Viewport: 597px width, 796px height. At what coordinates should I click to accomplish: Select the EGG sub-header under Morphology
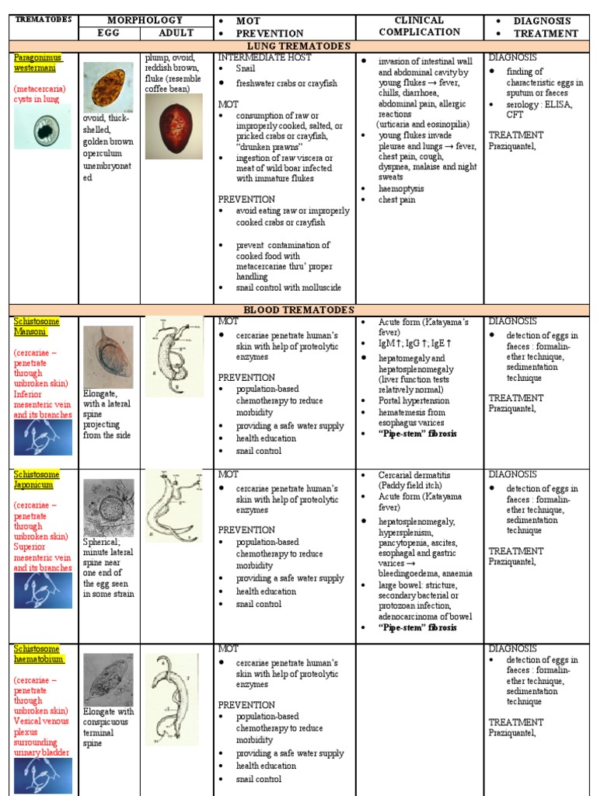(x=109, y=33)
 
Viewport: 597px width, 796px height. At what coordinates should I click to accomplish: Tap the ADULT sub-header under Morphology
(x=176, y=33)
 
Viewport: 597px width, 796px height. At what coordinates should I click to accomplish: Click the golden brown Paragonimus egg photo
(x=108, y=86)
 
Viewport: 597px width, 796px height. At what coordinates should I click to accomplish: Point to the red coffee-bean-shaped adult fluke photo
(x=173, y=127)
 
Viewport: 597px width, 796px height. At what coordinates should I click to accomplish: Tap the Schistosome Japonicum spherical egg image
(x=108, y=508)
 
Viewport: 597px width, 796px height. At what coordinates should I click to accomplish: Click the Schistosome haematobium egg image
(x=108, y=679)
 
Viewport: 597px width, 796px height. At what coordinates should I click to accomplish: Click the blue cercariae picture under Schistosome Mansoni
(x=44, y=438)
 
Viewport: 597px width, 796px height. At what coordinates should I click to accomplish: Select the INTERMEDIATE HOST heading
(x=264, y=58)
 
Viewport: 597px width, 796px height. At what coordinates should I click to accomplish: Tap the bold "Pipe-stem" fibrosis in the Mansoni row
(x=417, y=433)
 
